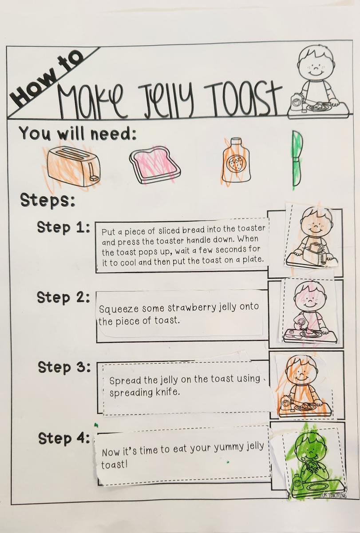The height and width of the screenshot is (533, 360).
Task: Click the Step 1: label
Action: point(63,228)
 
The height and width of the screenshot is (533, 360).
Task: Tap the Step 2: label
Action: point(63,298)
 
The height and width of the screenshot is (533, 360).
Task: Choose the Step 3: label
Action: point(64,367)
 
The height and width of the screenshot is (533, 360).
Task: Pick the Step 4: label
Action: point(64,438)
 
